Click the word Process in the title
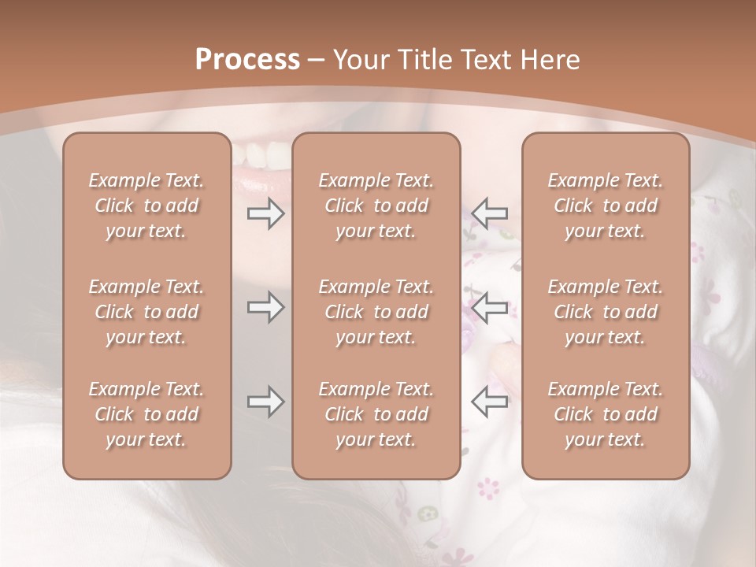(247, 60)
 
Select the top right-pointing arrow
(265, 213)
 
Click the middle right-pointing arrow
(265, 307)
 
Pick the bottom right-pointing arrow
(265, 402)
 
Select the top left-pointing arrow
(489, 213)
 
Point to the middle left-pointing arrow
(489, 307)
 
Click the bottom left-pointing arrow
(489, 402)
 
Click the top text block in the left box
(146, 206)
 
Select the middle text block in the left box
(146, 312)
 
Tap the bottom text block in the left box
(146, 414)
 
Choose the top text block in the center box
(376, 206)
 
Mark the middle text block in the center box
(376, 312)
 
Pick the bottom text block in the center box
(376, 414)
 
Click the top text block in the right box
(605, 206)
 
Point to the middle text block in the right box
(605, 312)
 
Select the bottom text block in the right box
(605, 414)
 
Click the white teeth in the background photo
(260, 149)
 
